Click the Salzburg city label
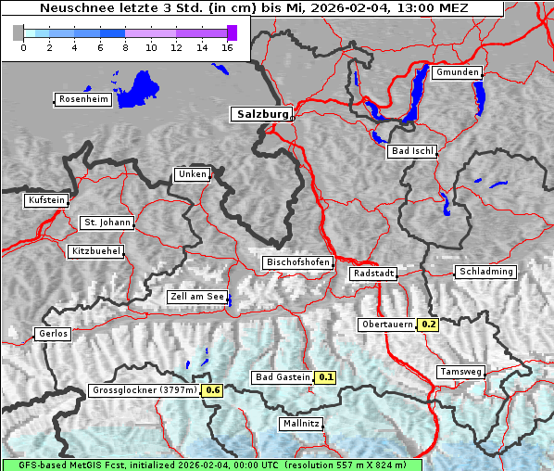pyautogui.click(x=260, y=114)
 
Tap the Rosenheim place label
pyautogui.click(x=82, y=99)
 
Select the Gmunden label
pyautogui.click(x=457, y=72)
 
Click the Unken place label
pyautogui.click(x=191, y=174)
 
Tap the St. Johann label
pyautogui.click(x=107, y=223)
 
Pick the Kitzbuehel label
pyautogui.click(x=95, y=251)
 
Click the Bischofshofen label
pyautogui.click(x=297, y=263)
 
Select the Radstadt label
pyautogui.click(x=373, y=274)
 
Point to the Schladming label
pyautogui.click(x=485, y=272)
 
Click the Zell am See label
pyautogui.click(x=197, y=297)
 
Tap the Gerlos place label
pyautogui.click(x=53, y=334)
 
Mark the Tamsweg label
pyautogui.click(x=460, y=372)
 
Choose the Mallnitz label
pyautogui.click(x=301, y=424)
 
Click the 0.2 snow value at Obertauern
pyautogui.click(x=428, y=325)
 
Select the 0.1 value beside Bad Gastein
pyautogui.click(x=325, y=377)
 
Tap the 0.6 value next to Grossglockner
pyautogui.click(x=213, y=390)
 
